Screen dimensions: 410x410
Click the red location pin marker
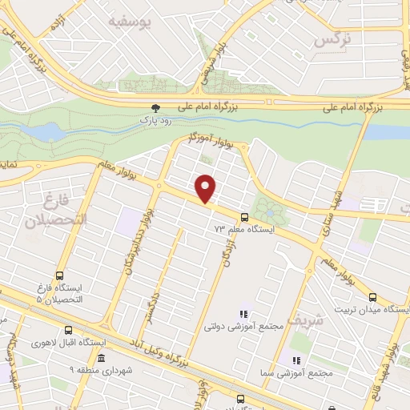point(207,188)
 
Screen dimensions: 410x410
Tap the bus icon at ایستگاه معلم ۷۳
point(243,217)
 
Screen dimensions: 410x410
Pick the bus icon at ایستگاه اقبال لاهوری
point(67,330)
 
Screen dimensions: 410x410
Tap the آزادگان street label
point(227,250)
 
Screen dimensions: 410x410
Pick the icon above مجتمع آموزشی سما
point(297,360)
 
